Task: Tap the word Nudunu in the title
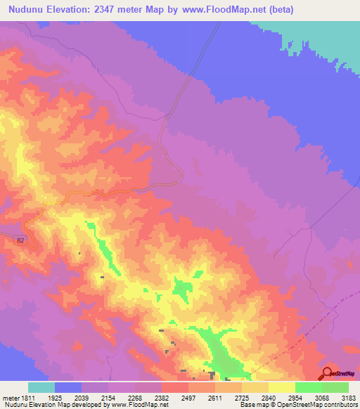tap(29, 10)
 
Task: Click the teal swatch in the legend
tap(41, 387)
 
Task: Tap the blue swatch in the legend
tap(68, 387)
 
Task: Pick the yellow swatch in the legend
tap(281, 387)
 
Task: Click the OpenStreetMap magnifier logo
tap(327, 373)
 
